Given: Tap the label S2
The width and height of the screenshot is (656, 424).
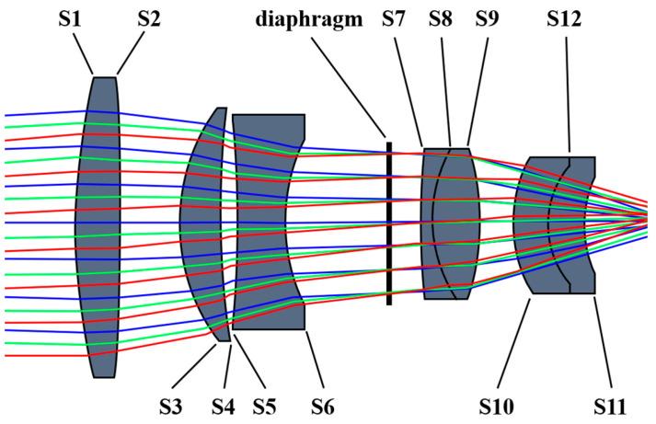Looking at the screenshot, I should [150, 18].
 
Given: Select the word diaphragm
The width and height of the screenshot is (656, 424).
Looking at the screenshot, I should [310, 18].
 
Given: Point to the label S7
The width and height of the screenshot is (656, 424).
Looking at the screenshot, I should [396, 18].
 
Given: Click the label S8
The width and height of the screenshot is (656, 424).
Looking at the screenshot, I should [441, 18].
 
